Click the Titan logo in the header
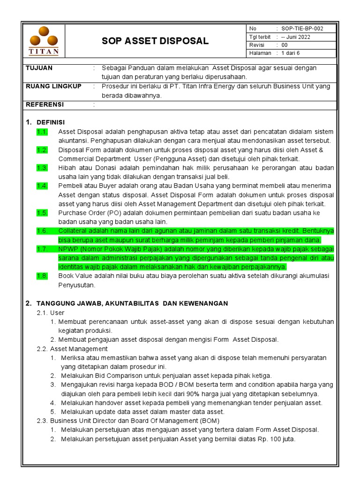point(44,41)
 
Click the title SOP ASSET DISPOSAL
point(155,41)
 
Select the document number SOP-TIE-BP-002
point(302,29)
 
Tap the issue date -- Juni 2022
point(295,37)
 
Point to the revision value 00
point(285,45)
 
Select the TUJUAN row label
point(39,68)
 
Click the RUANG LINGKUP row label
point(53,86)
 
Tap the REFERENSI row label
point(45,105)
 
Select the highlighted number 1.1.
point(42,132)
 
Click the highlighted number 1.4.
point(42,186)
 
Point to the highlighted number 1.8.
point(42,276)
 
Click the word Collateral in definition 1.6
point(73,231)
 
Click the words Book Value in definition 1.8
point(75,276)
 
